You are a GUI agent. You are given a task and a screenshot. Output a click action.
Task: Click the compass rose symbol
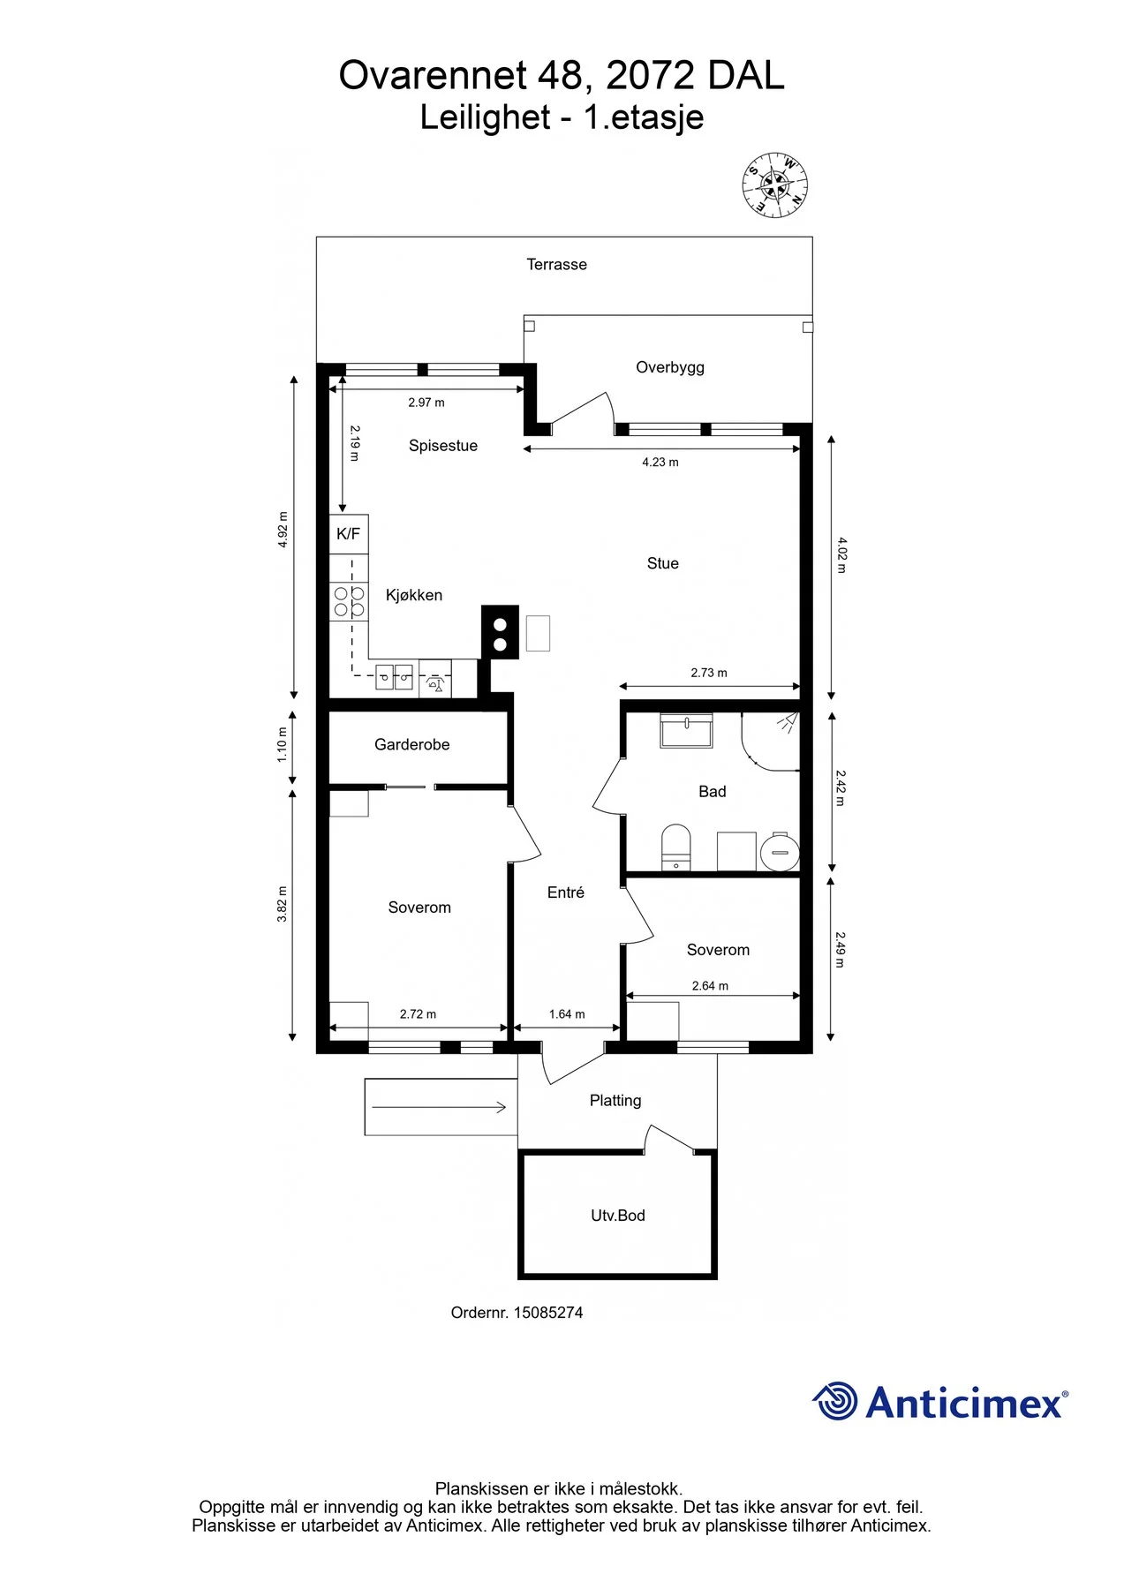click(x=774, y=185)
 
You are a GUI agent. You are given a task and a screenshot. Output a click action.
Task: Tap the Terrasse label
click(x=556, y=264)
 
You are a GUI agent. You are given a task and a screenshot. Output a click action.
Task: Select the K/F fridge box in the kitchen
click(x=349, y=534)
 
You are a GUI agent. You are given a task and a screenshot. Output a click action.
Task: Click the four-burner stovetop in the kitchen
click(x=349, y=601)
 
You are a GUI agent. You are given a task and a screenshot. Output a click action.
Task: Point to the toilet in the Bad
click(x=676, y=847)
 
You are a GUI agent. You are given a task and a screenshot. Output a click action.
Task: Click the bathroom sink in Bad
click(x=686, y=731)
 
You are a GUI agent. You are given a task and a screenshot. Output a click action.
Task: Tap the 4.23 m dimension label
click(x=660, y=462)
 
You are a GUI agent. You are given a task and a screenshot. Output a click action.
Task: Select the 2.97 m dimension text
click(x=426, y=403)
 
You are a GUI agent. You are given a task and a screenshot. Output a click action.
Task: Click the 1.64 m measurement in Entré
click(x=567, y=1014)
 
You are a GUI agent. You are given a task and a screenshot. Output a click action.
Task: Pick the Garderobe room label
click(x=412, y=744)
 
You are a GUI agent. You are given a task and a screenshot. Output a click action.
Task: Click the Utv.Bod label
click(x=618, y=1216)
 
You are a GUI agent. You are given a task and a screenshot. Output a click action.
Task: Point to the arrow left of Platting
click(x=439, y=1107)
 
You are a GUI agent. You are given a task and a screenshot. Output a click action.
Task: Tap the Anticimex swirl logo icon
click(x=834, y=1401)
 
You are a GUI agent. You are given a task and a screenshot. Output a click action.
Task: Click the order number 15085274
click(x=548, y=1313)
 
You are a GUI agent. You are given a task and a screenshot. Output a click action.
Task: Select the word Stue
click(x=663, y=563)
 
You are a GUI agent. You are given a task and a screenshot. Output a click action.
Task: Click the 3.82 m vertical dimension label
click(x=283, y=904)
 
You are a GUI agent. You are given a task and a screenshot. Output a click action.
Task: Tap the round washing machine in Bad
click(x=781, y=853)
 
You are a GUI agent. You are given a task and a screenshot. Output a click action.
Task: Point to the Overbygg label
click(x=670, y=367)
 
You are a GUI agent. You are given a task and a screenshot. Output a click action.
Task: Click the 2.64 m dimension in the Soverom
click(x=710, y=986)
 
